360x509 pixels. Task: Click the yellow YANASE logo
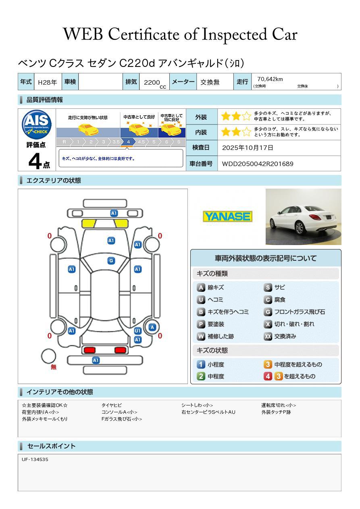(x=227, y=216)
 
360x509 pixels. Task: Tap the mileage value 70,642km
(x=270, y=79)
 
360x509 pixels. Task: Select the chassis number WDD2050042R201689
(x=258, y=164)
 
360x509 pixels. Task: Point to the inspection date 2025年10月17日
(x=248, y=148)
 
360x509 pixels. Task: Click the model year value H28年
(x=47, y=82)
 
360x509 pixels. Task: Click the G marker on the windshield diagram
(x=111, y=261)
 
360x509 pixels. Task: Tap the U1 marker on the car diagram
(x=137, y=331)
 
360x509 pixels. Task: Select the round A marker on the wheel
(x=152, y=327)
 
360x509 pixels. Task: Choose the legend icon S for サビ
(x=268, y=288)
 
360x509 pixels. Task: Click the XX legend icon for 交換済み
(x=268, y=336)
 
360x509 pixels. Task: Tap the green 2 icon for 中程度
(x=201, y=376)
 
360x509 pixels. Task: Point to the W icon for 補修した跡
(x=201, y=336)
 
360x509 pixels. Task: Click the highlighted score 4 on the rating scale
(x=128, y=142)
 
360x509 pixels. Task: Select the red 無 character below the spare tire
(x=54, y=367)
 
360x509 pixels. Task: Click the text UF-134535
(x=35, y=459)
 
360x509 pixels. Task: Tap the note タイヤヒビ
(x=112, y=405)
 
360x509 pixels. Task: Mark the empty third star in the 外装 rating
(x=247, y=116)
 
